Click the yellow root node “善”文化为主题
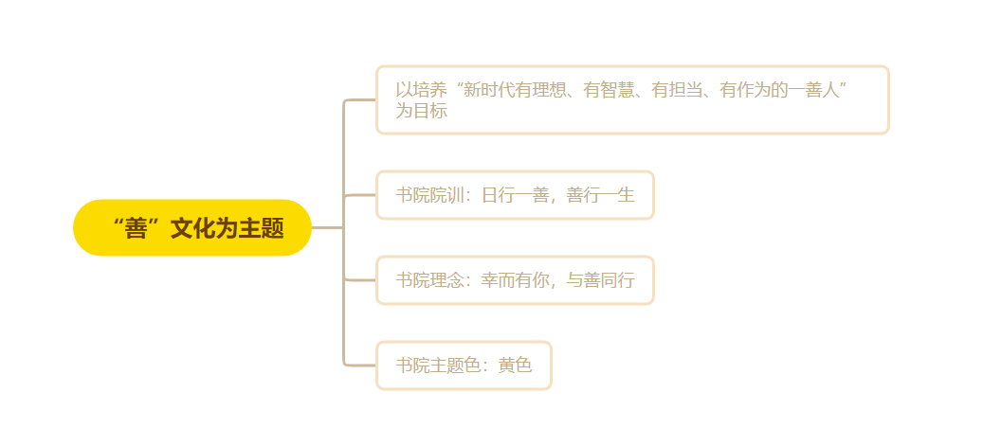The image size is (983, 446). (x=192, y=227)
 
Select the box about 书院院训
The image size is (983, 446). (x=515, y=195)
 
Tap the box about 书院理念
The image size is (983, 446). (x=515, y=280)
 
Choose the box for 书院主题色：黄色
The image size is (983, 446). (x=464, y=366)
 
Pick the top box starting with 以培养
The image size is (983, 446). (x=632, y=99)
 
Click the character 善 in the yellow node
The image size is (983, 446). (x=136, y=228)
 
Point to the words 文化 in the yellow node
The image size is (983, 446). (x=193, y=228)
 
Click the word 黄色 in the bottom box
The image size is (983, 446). (x=516, y=366)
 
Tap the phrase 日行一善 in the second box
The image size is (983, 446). (x=516, y=195)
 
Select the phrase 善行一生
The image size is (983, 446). (x=601, y=195)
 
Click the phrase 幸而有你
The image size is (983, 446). (x=516, y=280)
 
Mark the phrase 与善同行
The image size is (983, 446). (x=601, y=280)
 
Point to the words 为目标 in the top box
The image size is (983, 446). (x=421, y=111)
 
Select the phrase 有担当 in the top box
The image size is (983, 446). (x=677, y=90)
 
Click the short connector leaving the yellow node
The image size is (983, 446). (x=328, y=227)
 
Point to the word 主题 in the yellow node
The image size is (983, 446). (x=262, y=228)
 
